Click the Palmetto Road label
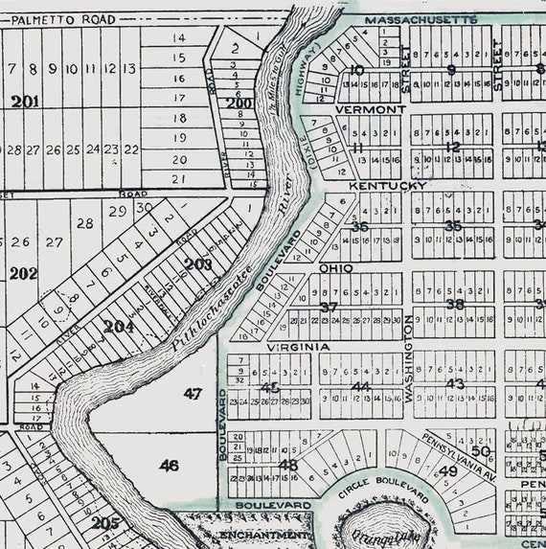71,18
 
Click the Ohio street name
336,268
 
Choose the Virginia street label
298,347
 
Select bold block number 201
26,102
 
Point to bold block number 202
23,273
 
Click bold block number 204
119,327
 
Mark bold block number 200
239,103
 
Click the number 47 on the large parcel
193,393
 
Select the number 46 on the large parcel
169,465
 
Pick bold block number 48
287,466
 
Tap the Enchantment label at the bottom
263,535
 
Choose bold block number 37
329,307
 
